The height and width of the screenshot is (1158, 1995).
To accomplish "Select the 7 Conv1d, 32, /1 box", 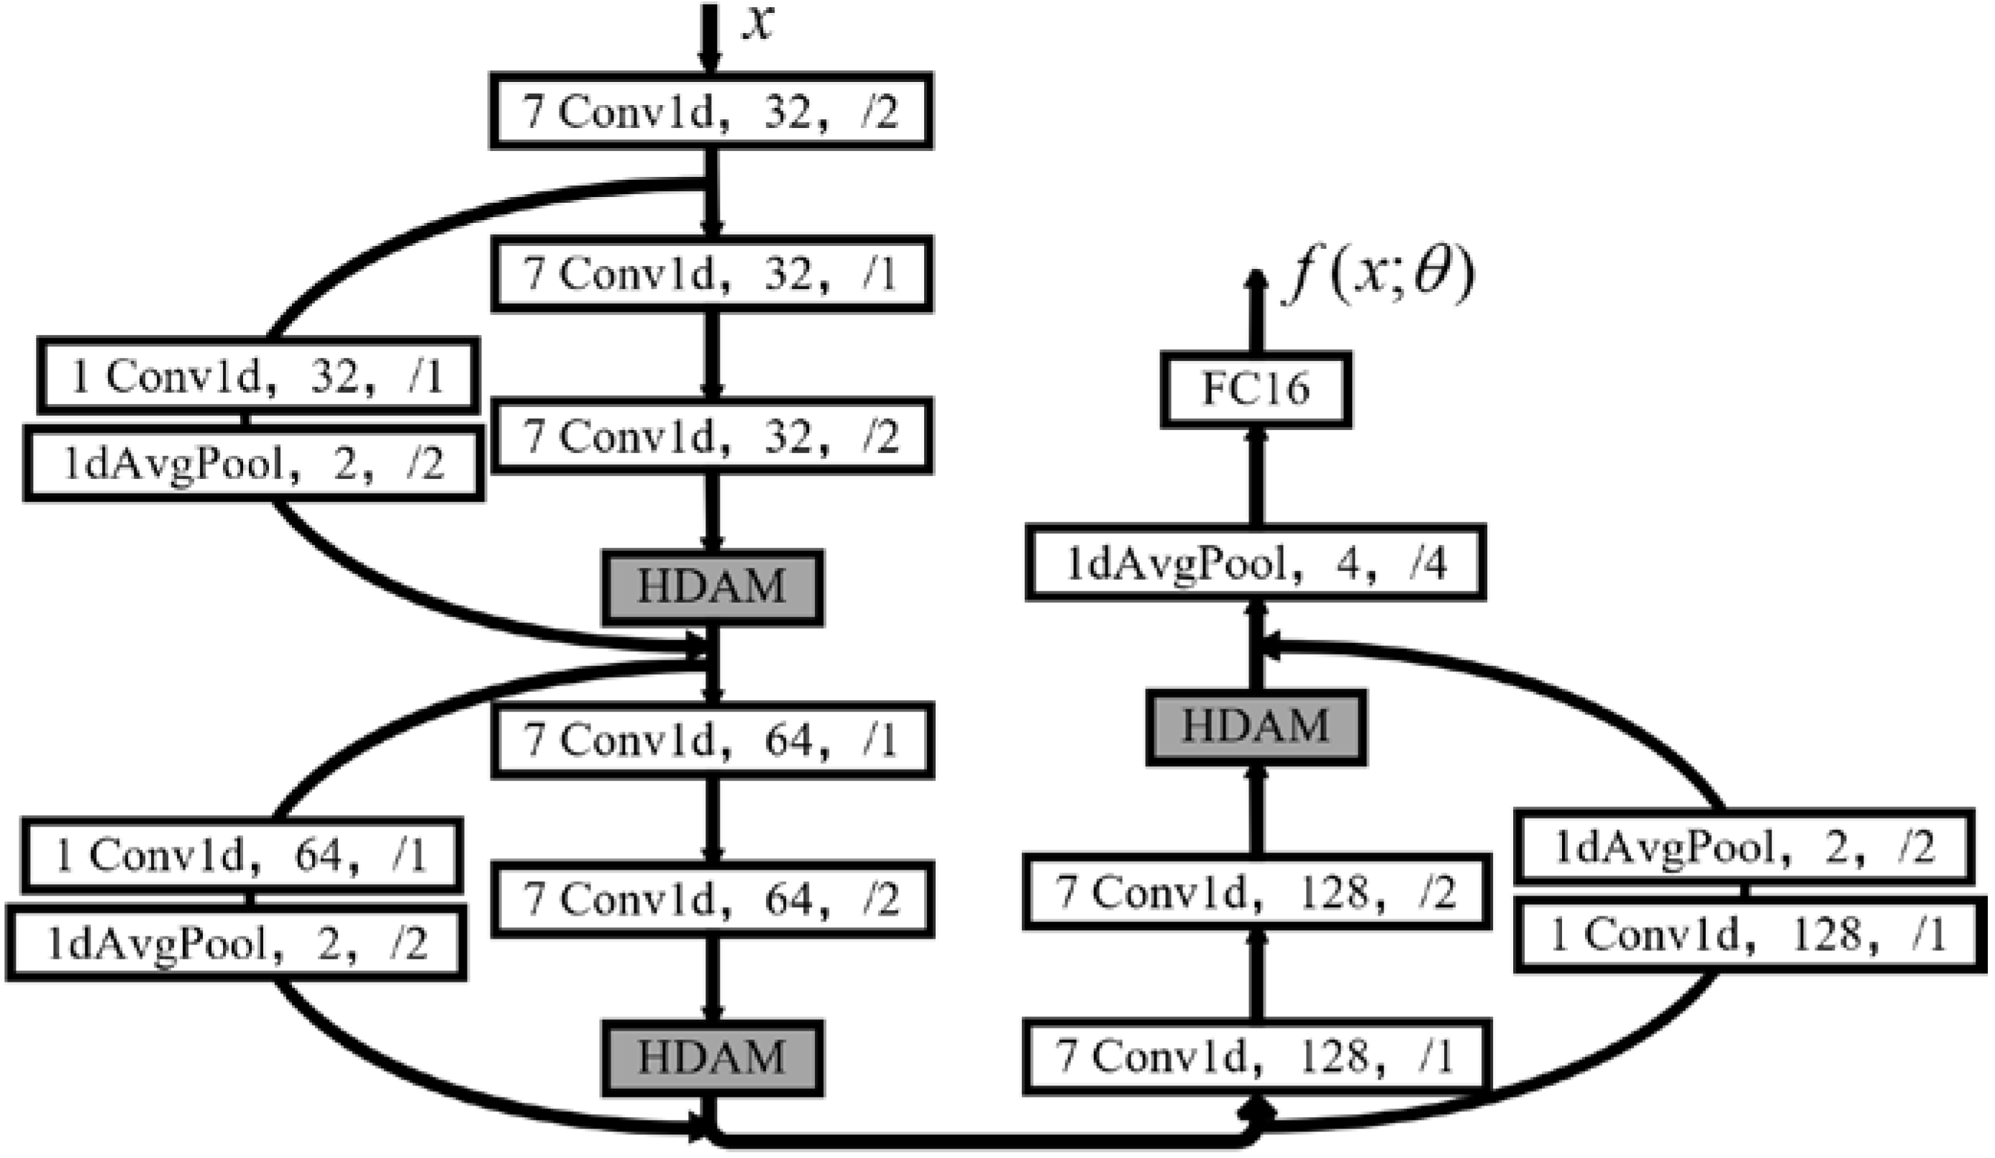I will point(711,274).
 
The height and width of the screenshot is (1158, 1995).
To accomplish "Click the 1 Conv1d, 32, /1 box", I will point(258,376).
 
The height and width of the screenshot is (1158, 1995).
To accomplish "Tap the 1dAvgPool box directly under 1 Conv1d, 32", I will point(254,465).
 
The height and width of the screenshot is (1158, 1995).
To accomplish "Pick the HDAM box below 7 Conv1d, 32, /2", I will point(712,588).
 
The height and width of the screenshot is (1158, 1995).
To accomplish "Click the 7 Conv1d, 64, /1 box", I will point(712,741).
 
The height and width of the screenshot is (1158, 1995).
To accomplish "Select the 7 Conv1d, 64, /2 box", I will point(712,899).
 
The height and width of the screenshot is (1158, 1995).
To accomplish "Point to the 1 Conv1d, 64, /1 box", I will point(242,857).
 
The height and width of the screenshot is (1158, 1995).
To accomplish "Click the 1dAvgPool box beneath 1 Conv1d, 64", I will point(236,945).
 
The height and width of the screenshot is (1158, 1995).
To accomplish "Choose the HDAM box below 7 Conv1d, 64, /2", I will point(712,1057).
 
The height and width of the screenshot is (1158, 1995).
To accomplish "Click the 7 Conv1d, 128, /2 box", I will point(1256,891).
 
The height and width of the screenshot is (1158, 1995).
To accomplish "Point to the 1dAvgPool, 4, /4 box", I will point(1256,562).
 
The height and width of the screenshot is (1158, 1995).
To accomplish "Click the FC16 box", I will point(1256,389).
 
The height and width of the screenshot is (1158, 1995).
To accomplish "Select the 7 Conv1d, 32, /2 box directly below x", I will point(711,111).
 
